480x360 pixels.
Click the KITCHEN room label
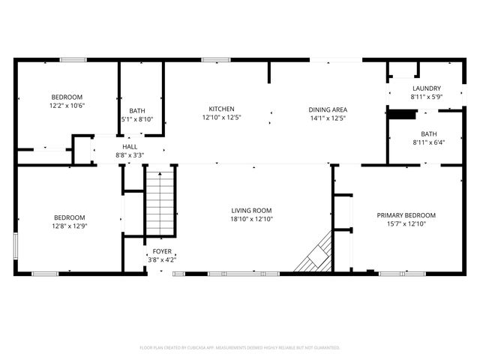pos(221,109)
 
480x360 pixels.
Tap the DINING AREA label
pos(328,109)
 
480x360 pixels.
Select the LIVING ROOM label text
pos(251,211)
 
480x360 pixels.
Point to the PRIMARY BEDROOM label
pos(406,215)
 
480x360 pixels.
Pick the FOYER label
pos(161,251)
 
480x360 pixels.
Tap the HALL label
pos(130,147)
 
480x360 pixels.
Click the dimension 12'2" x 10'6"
pos(67,106)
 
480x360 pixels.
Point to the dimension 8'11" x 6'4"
pos(428,142)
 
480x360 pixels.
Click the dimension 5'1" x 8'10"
pos(137,118)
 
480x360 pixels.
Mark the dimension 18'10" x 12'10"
pos(251,219)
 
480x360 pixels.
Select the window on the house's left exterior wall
pos(16,245)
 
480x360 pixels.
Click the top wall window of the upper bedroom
pos(73,59)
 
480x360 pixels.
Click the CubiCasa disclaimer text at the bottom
pos(240,348)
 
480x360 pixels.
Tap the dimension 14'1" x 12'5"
pos(328,118)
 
